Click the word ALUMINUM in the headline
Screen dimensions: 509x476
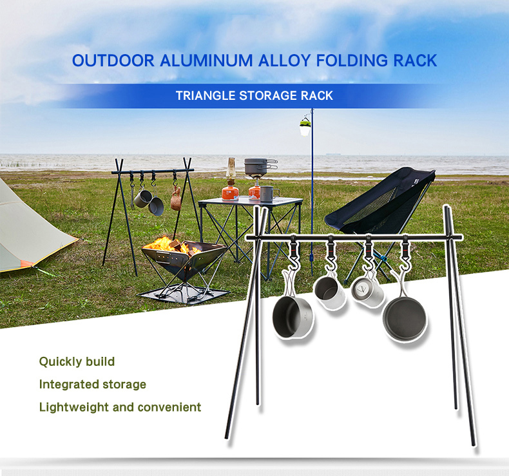pos(206,61)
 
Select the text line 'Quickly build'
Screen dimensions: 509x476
pos(77,361)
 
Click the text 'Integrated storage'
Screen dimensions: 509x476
pos(93,385)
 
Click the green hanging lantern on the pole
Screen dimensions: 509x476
pos(305,126)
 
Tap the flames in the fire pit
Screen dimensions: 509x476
pos(171,244)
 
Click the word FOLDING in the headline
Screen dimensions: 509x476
pos(352,61)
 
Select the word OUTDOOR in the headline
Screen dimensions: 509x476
pos(113,61)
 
